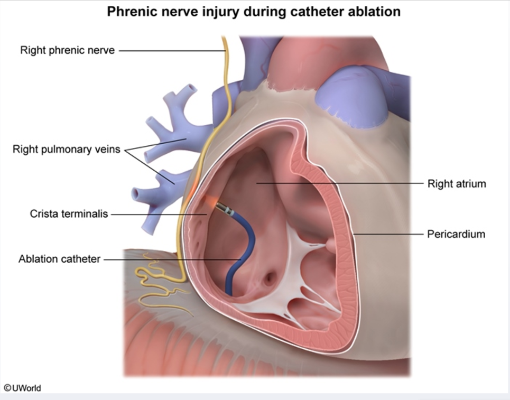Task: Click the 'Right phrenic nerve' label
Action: click(67, 51)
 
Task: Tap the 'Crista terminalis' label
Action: click(69, 214)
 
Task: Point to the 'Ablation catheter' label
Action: click(59, 259)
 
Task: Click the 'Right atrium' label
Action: click(456, 184)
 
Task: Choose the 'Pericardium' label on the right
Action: click(456, 234)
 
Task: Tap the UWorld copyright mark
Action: click(22, 388)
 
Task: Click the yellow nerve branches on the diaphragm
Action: click(153, 280)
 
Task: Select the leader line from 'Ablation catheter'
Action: click(169, 259)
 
